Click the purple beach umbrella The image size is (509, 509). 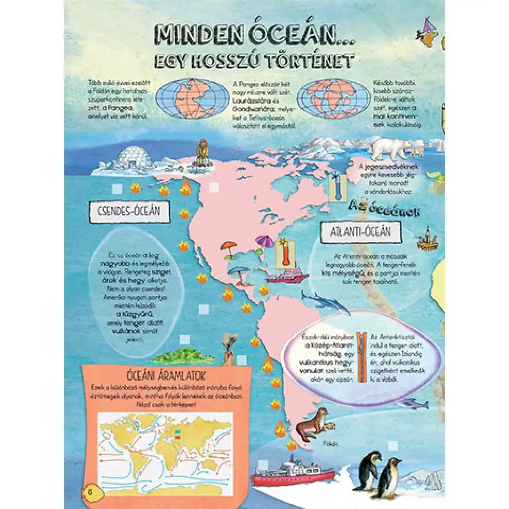[x=265, y=242]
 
